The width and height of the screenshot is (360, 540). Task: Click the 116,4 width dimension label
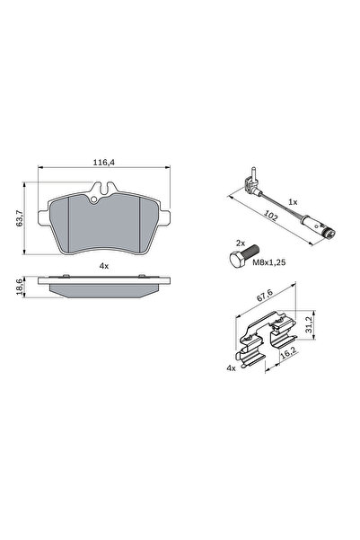tap(103, 163)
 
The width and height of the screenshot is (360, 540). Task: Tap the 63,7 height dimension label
tap(20, 218)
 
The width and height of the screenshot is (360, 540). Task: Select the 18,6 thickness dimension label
tap(20, 287)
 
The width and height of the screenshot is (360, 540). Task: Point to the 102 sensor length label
tap(270, 217)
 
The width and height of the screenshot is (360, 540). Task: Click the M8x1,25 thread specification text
tap(269, 262)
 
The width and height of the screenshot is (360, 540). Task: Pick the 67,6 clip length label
tap(265, 296)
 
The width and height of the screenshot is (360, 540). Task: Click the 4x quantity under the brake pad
tap(104, 266)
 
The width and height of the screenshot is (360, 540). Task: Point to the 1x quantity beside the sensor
tap(293, 202)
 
